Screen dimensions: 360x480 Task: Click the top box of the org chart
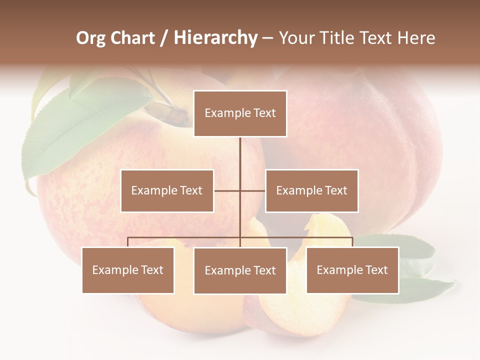coord(240,113)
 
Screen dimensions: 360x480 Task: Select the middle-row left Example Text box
coord(167,190)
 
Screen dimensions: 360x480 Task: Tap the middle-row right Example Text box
coord(311,190)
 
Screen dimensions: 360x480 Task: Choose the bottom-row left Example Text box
coord(128,270)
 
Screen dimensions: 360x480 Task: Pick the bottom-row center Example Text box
coord(240,270)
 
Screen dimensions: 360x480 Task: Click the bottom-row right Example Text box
coord(352,270)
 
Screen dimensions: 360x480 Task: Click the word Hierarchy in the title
coord(215,38)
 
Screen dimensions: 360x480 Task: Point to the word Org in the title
coord(90,38)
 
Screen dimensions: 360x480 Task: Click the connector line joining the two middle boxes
coord(239,190)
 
